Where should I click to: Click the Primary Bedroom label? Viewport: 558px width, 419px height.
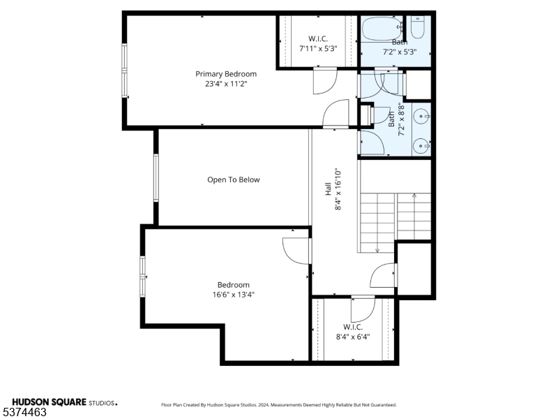tap(225, 74)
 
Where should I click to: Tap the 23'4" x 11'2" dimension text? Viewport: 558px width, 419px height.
tap(225, 84)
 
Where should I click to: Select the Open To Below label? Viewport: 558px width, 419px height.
tap(233, 180)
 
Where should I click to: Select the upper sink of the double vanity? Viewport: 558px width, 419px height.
tap(420, 116)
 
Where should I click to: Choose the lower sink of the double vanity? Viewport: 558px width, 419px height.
tap(420, 145)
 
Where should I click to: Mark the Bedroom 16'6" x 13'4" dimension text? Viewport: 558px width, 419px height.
tap(233, 295)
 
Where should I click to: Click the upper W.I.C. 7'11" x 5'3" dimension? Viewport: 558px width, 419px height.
tap(318, 49)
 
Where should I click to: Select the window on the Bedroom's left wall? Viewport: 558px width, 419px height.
tap(143, 276)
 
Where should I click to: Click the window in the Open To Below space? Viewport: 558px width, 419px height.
tap(156, 178)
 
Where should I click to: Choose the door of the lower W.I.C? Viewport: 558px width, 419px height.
tap(363, 307)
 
